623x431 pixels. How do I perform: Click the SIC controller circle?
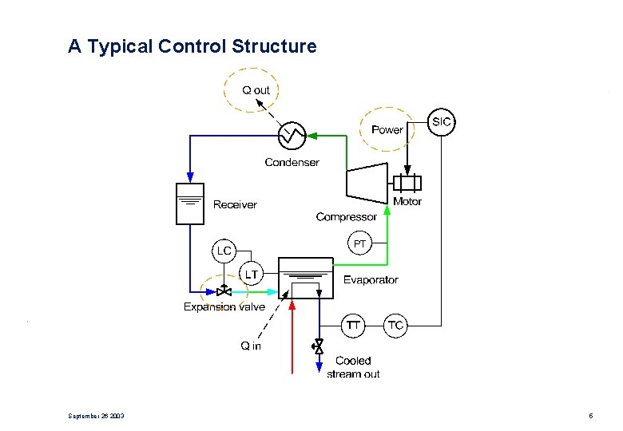pos(441,122)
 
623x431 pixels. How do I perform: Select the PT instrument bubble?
pos(360,244)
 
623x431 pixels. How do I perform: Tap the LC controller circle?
pos(224,251)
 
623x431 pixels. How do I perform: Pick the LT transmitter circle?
pos(251,274)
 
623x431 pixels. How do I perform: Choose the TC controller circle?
pos(395,326)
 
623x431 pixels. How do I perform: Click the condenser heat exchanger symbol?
pos(291,136)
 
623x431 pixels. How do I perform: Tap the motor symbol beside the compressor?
pos(407,183)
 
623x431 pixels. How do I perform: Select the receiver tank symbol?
pos(190,204)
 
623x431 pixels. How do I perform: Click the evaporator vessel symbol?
pos(305,277)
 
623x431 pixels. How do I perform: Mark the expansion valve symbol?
pos(224,291)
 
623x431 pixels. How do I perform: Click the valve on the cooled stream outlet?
pos(318,346)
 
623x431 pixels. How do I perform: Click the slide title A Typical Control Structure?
pos(192,46)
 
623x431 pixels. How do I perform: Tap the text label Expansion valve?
pos(224,306)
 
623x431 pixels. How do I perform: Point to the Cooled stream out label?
pos(353,367)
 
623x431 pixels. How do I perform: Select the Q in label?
pos(251,346)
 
